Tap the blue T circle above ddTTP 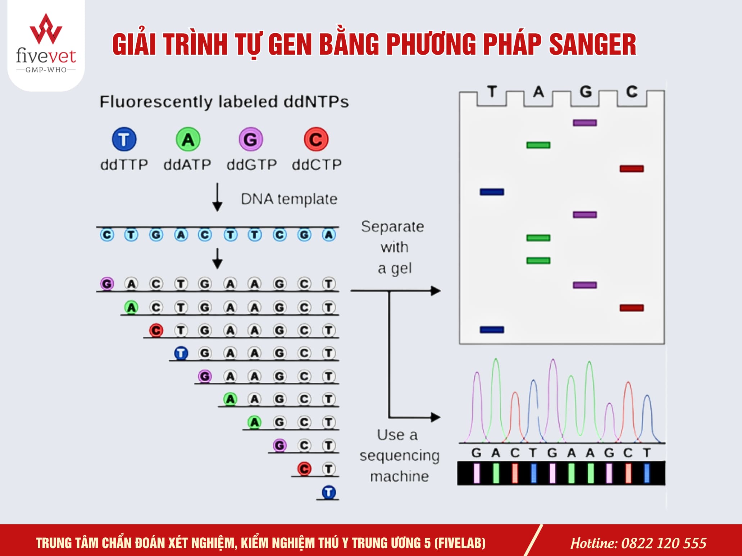pyautogui.click(x=124, y=139)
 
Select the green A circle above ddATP pyautogui.click(x=188, y=139)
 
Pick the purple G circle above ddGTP pyautogui.click(x=251, y=139)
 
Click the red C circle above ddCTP pyautogui.click(x=316, y=139)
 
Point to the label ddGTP pyautogui.click(x=252, y=165)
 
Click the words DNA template pyautogui.click(x=289, y=199)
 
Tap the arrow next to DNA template pyautogui.click(x=217, y=197)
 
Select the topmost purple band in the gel pyautogui.click(x=585, y=123)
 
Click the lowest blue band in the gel pyautogui.click(x=492, y=330)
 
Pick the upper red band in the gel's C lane pyautogui.click(x=632, y=169)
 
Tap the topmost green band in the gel pyautogui.click(x=538, y=145)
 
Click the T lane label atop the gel pyautogui.click(x=492, y=92)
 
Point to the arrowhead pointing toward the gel pyautogui.click(x=436, y=290)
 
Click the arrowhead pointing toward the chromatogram pyautogui.click(x=436, y=417)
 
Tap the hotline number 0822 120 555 pyautogui.click(x=664, y=543)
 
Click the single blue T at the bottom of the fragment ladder pyautogui.click(x=329, y=492)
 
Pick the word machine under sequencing pyautogui.click(x=400, y=476)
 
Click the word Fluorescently pyautogui.click(x=156, y=102)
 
